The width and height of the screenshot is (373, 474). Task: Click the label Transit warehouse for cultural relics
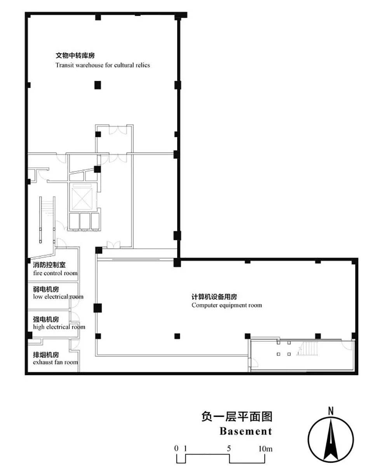point(103,65)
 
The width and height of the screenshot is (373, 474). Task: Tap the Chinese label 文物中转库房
point(75,55)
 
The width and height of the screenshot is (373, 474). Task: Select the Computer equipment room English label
point(227,305)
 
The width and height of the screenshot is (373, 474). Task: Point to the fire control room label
point(56,273)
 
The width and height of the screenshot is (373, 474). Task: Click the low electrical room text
point(58,297)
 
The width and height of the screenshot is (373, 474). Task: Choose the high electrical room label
point(59,327)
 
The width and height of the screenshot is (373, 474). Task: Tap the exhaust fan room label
point(56,362)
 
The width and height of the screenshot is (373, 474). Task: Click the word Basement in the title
point(246,431)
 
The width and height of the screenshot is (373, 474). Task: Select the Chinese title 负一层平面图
point(237,417)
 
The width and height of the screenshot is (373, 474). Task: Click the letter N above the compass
point(331,411)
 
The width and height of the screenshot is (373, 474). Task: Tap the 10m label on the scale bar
point(265,449)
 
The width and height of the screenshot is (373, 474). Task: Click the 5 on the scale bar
point(229,448)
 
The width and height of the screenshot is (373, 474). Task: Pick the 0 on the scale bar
point(176,448)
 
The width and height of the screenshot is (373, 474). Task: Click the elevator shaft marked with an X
point(82,199)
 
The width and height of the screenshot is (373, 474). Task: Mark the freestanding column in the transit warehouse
point(98,85)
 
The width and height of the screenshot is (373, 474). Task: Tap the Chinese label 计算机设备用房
point(214,297)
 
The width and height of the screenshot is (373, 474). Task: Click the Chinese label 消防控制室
point(49,265)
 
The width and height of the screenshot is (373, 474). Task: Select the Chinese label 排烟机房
point(46,355)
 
